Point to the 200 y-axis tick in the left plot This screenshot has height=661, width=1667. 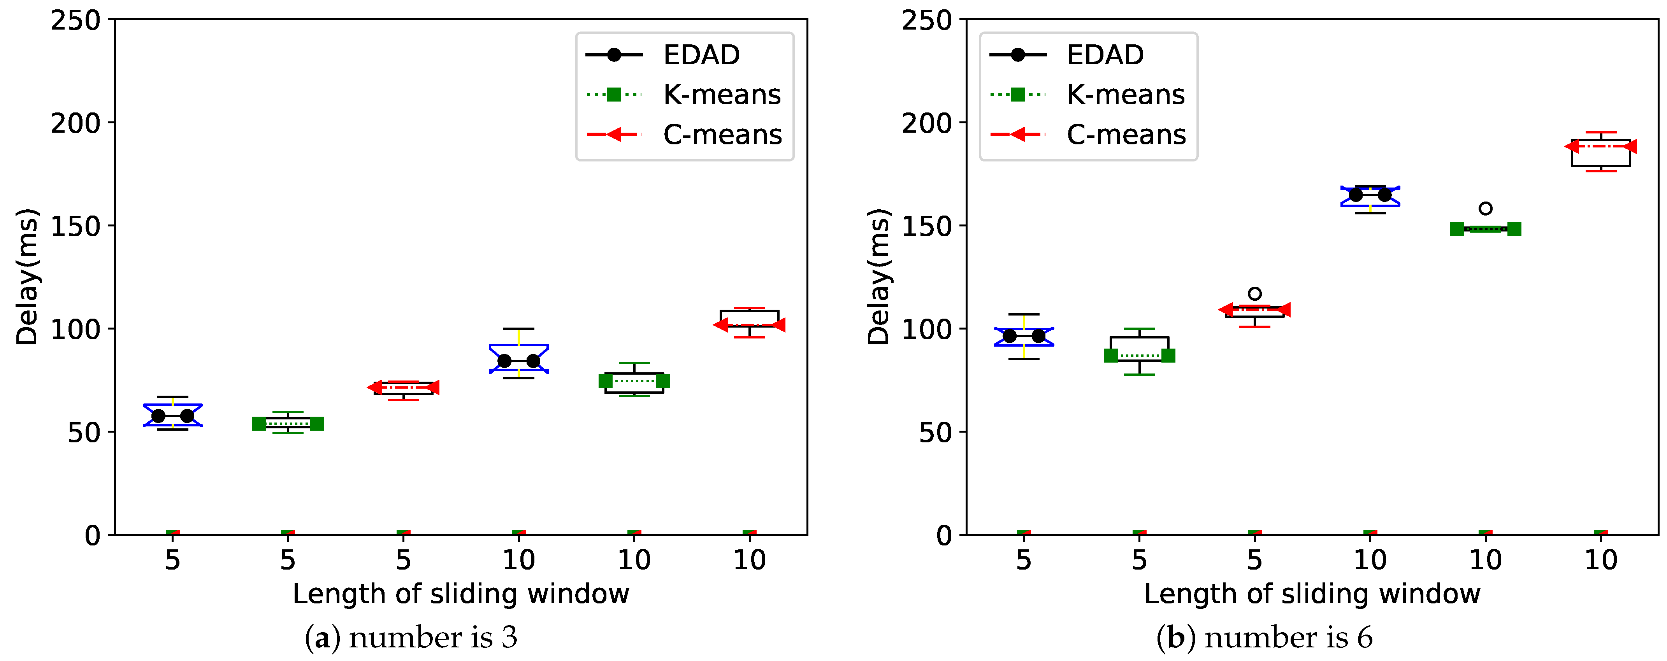[76, 123]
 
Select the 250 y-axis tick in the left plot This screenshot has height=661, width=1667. [76, 21]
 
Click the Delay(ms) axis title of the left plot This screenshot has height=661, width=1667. [28, 277]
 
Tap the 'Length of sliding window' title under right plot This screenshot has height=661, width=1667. [1312, 594]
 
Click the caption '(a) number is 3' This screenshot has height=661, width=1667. [411, 638]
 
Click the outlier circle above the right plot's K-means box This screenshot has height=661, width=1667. [1486, 208]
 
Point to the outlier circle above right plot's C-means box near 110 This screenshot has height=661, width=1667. [1255, 294]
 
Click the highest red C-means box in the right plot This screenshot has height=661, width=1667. [1601, 153]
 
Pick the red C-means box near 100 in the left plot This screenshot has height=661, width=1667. [749, 319]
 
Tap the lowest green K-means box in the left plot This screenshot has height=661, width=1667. [288, 424]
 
